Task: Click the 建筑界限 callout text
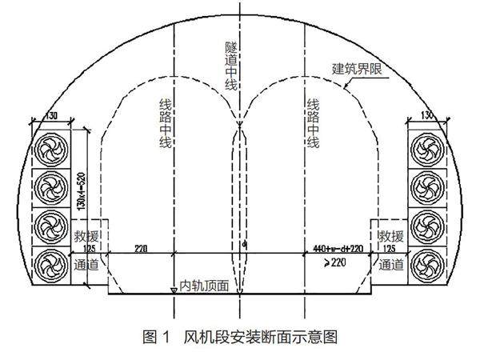pyautogui.click(x=358, y=70)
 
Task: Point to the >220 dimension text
pyautogui.click(x=336, y=261)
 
